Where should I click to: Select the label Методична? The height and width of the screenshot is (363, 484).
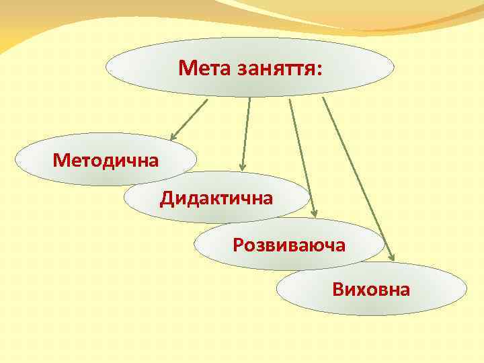point(106,161)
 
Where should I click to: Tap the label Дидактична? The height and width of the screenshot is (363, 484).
point(216,198)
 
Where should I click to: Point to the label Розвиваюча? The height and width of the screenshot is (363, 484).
point(289,245)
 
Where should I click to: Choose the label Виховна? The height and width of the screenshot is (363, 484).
point(371,290)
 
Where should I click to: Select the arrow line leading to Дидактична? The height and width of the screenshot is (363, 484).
point(246,131)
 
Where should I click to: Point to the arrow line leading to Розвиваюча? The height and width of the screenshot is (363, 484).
point(302,155)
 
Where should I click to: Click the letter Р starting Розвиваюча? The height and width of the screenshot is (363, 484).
point(237,245)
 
